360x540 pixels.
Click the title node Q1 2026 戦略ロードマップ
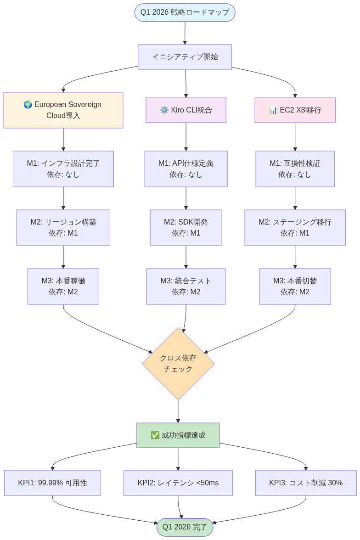185,12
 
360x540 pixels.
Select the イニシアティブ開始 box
185,57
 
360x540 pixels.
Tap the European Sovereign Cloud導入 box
63,110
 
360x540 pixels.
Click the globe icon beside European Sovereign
28,105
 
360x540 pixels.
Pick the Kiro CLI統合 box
186,110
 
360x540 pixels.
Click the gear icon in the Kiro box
164,110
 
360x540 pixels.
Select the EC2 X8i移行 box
295,110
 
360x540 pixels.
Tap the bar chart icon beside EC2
273,110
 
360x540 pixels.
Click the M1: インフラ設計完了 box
63,169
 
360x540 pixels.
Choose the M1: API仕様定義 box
186,169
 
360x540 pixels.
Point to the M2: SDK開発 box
186,228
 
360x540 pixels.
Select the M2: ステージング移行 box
295,228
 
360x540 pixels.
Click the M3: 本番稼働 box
63,287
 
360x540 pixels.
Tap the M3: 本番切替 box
295,287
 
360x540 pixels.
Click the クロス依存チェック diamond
178,363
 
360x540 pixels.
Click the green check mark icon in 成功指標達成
155,435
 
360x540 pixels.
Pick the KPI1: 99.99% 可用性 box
52,483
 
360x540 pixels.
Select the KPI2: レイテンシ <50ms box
178,483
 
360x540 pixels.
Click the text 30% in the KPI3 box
335,483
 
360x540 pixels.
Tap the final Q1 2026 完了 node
185,527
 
